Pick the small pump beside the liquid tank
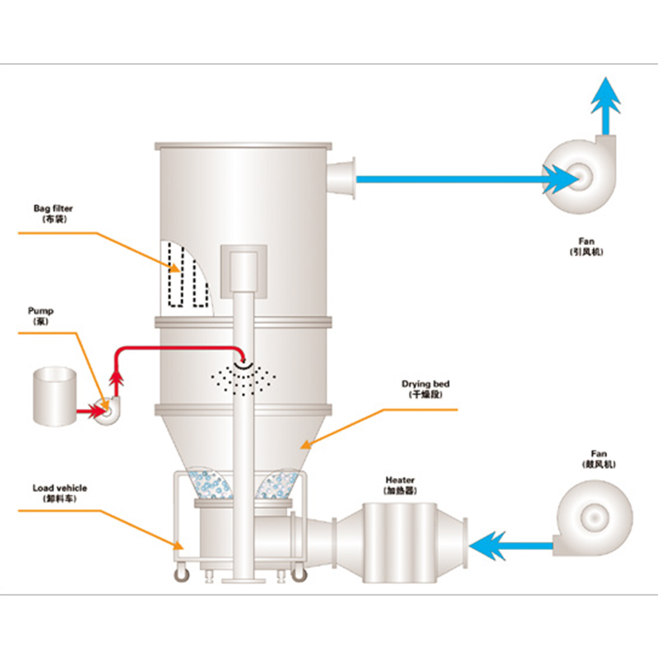click(106, 408)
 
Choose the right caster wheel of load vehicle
click(298, 576)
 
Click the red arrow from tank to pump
click(86, 408)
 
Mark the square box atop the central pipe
click(243, 271)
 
